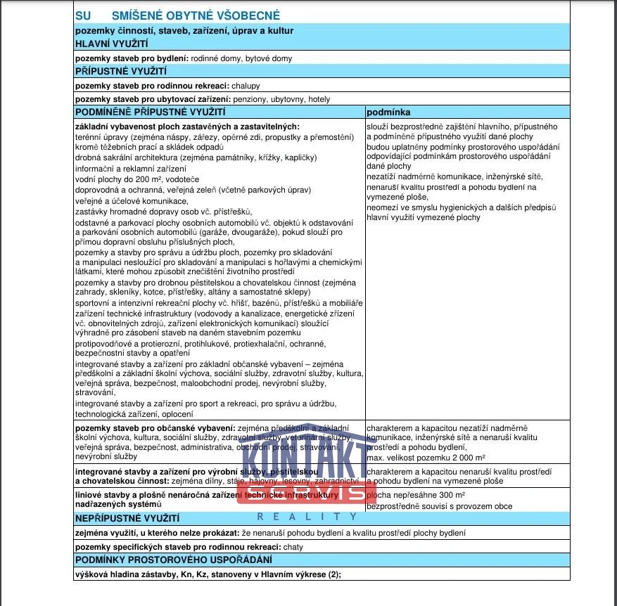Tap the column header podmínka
(388, 112)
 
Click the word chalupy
(246, 86)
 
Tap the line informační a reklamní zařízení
(127, 169)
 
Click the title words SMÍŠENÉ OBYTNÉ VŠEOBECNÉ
(196, 15)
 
